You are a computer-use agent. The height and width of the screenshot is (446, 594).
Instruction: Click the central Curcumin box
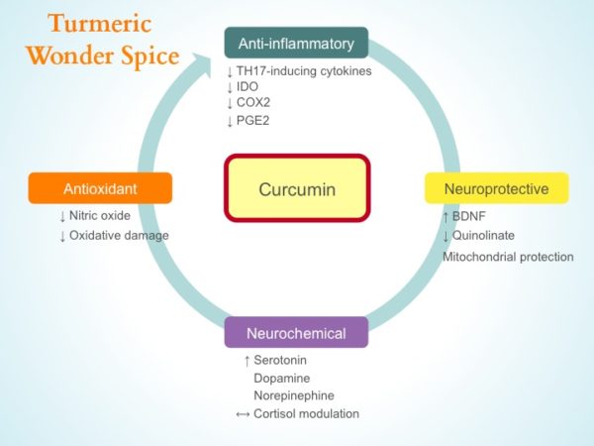[297, 187]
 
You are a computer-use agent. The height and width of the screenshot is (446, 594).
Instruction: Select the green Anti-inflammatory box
[296, 44]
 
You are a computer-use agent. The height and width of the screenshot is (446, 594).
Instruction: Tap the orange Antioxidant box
[100, 187]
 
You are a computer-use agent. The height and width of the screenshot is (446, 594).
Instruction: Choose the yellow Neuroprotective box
[496, 187]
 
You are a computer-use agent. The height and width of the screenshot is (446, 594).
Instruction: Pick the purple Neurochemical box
[296, 332]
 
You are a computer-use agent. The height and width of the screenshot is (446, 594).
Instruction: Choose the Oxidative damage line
[119, 235]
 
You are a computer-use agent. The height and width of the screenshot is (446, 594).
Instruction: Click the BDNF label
[472, 216]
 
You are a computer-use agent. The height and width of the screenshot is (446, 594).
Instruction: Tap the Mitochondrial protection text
[507, 257]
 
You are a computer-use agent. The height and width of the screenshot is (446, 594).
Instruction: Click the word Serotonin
[282, 360]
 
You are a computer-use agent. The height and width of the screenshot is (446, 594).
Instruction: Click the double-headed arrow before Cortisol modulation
[243, 413]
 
